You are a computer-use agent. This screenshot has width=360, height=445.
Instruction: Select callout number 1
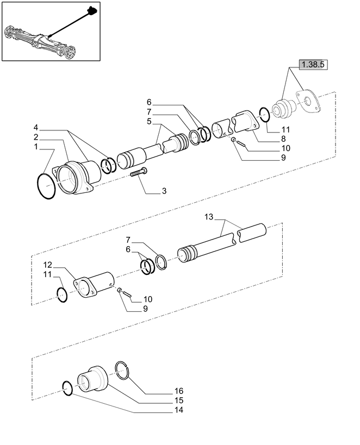click(36, 147)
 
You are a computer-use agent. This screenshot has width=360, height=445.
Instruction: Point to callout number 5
click(149, 121)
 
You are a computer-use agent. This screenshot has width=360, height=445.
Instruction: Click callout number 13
click(208, 217)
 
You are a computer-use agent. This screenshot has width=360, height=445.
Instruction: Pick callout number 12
click(48, 265)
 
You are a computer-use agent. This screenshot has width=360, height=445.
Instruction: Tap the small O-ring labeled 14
click(67, 388)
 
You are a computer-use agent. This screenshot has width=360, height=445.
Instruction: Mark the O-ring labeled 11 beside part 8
click(263, 115)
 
